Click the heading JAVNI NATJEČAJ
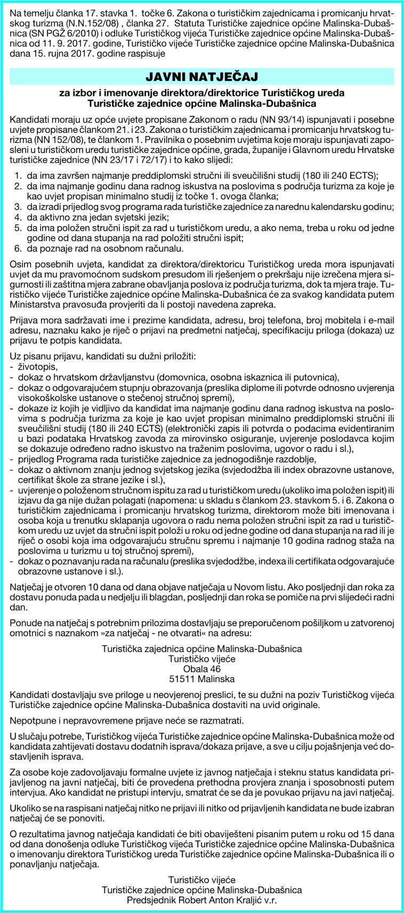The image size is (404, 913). (x=202, y=77)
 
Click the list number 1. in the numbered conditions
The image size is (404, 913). (x=18, y=175)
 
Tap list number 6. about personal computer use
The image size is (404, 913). (x=18, y=249)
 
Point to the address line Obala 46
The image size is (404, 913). (x=201, y=669)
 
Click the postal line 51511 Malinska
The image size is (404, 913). (x=201, y=679)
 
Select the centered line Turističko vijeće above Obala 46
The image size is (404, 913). (x=201, y=659)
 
